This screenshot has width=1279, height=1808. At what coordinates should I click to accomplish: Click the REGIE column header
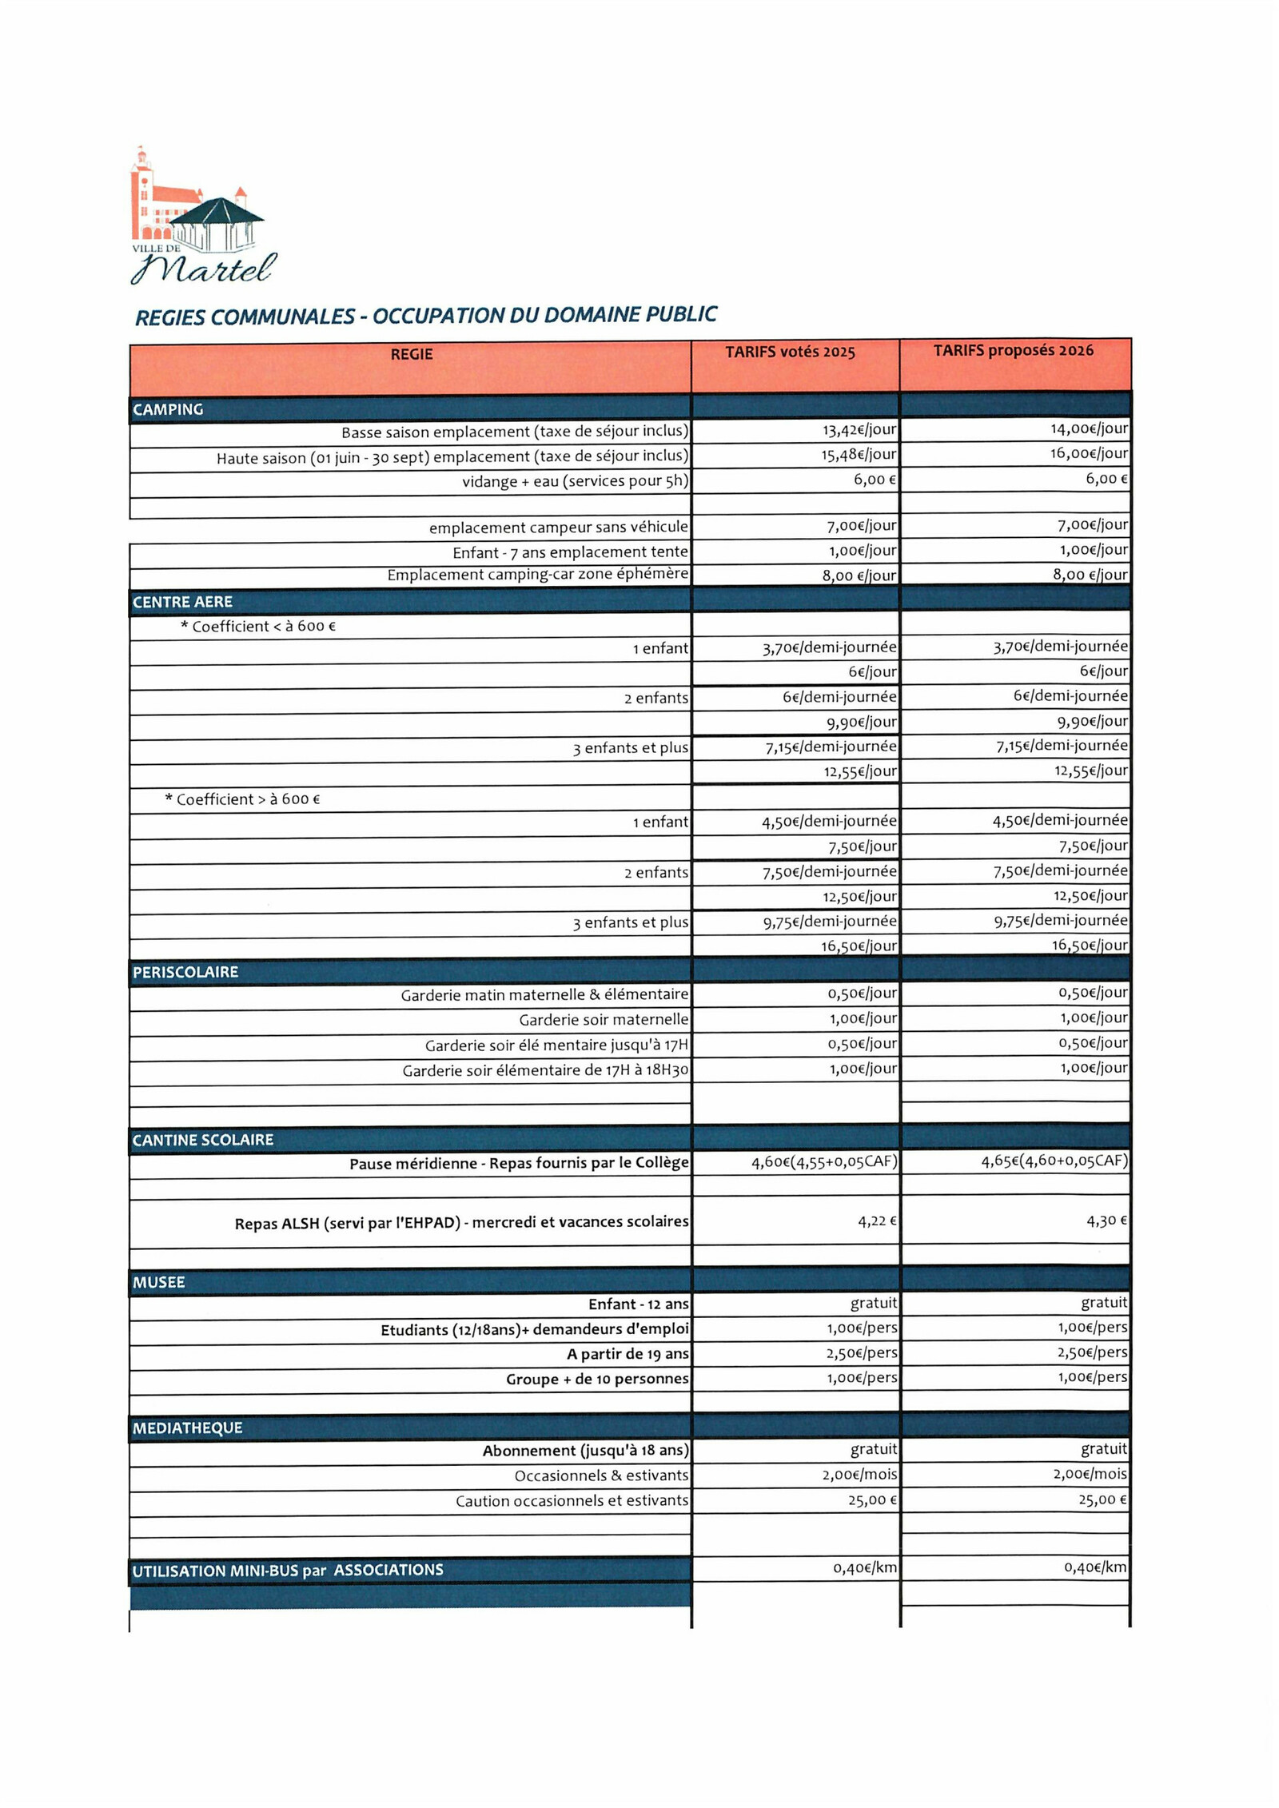tap(411, 354)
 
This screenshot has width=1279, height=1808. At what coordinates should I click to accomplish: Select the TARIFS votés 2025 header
tap(790, 352)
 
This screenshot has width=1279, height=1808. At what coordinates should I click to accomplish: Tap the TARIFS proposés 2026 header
tap(1013, 350)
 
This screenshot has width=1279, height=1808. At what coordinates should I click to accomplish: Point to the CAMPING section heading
tap(168, 409)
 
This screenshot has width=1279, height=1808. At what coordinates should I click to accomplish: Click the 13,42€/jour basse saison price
tap(859, 430)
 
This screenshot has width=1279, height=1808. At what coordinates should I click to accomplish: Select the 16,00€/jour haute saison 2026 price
tap(1089, 453)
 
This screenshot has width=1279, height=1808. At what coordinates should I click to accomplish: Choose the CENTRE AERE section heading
tap(182, 602)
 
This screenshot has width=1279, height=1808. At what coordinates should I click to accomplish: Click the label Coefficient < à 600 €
tap(258, 626)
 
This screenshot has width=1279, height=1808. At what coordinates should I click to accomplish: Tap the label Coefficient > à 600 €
tap(242, 798)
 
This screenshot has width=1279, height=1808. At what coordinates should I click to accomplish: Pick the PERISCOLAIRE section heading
tap(185, 972)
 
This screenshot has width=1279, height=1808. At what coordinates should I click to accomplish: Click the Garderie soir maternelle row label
tap(604, 1020)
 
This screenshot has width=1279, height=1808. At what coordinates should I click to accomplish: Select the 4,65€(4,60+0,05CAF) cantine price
tap(1054, 1161)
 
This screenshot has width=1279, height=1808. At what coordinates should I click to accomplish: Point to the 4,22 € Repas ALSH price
tap(877, 1221)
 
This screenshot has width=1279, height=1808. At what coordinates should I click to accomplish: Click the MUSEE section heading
tap(158, 1282)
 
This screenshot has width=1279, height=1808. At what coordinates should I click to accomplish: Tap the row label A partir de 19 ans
tap(628, 1353)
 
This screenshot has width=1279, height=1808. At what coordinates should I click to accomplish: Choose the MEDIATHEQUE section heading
tap(187, 1428)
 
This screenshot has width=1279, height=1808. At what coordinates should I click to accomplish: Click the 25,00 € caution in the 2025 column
tap(872, 1499)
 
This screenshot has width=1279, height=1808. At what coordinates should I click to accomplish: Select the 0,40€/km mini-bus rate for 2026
tap(1095, 1567)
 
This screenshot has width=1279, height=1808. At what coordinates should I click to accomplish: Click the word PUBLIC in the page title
tap(681, 314)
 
